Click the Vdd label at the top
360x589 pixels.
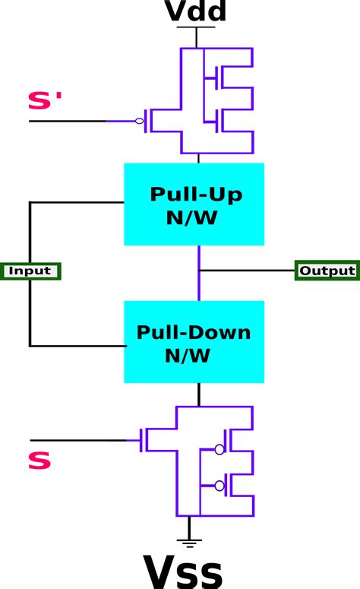196,11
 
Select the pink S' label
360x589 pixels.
45,101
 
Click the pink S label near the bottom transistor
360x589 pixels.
39,461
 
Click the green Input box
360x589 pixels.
30,271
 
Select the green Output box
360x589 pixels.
327,271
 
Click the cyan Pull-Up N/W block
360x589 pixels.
194,204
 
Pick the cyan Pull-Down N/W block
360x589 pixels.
194,341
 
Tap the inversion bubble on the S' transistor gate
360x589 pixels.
140,121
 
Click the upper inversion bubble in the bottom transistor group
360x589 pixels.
219,449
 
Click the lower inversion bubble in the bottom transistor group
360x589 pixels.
219,486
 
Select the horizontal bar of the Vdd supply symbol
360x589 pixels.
196,27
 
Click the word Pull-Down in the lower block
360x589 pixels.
194,332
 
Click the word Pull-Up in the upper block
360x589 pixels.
196,195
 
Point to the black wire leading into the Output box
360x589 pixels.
247,270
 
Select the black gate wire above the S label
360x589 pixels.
76,440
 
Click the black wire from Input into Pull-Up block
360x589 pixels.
76,203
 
